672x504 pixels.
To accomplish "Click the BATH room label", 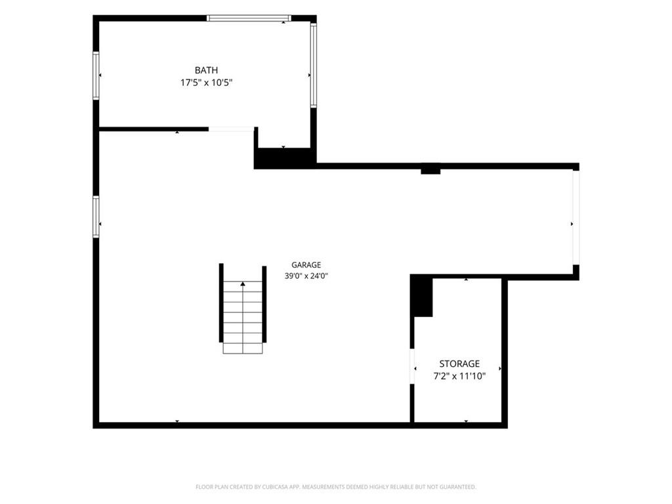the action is [x=206, y=70].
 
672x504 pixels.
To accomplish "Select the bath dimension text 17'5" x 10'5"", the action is [x=206, y=82].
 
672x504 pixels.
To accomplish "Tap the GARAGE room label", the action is [x=306, y=265].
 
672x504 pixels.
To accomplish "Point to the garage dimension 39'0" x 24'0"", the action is [x=306, y=276].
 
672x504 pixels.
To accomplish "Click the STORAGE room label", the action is [x=459, y=364].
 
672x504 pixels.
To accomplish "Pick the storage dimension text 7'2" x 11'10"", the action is [x=459, y=376].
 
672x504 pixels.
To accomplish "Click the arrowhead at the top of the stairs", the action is [x=243, y=283].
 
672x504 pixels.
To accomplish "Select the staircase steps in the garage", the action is [x=243, y=317].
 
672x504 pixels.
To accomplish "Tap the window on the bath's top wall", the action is [x=249, y=18].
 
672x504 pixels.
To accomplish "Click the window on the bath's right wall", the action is [x=313, y=65].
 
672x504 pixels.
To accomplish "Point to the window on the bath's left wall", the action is [x=96, y=76].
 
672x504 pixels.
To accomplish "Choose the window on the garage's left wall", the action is [x=96, y=217].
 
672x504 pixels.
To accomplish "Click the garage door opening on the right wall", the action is [x=576, y=217].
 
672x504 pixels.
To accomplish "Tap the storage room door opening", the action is [x=412, y=366].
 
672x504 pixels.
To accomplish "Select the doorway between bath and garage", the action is [x=232, y=129].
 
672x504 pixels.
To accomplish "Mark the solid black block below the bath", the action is [x=285, y=158].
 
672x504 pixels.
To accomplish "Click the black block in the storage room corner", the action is [x=422, y=296].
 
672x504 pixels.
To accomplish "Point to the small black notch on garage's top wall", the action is [x=430, y=171].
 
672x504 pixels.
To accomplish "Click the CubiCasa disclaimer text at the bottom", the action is [x=335, y=487].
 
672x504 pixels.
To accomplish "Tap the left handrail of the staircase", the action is [x=221, y=303].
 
